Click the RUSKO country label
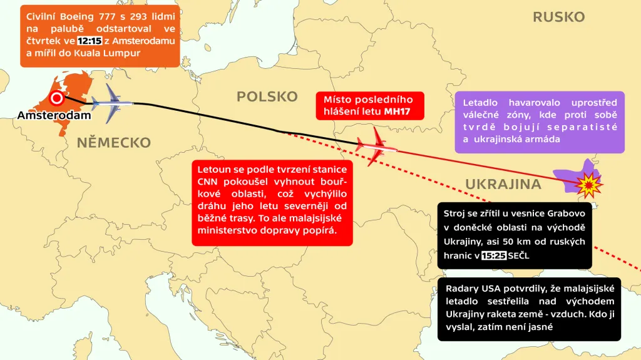pyautogui.click(x=558, y=17)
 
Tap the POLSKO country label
pyautogui.click(x=267, y=96)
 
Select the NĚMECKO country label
pyautogui.click(x=114, y=143)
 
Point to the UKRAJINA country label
pyautogui.click(x=503, y=184)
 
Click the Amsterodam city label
pyautogui.click(x=54, y=116)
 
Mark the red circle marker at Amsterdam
pyautogui.click(x=57, y=98)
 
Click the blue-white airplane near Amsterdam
pyautogui.click(x=113, y=103)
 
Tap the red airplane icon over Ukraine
pyautogui.click(x=376, y=147)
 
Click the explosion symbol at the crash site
pyautogui.click(x=588, y=184)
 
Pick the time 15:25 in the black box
pyautogui.click(x=494, y=255)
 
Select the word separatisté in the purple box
pyautogui.click(x=588, y=127)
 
